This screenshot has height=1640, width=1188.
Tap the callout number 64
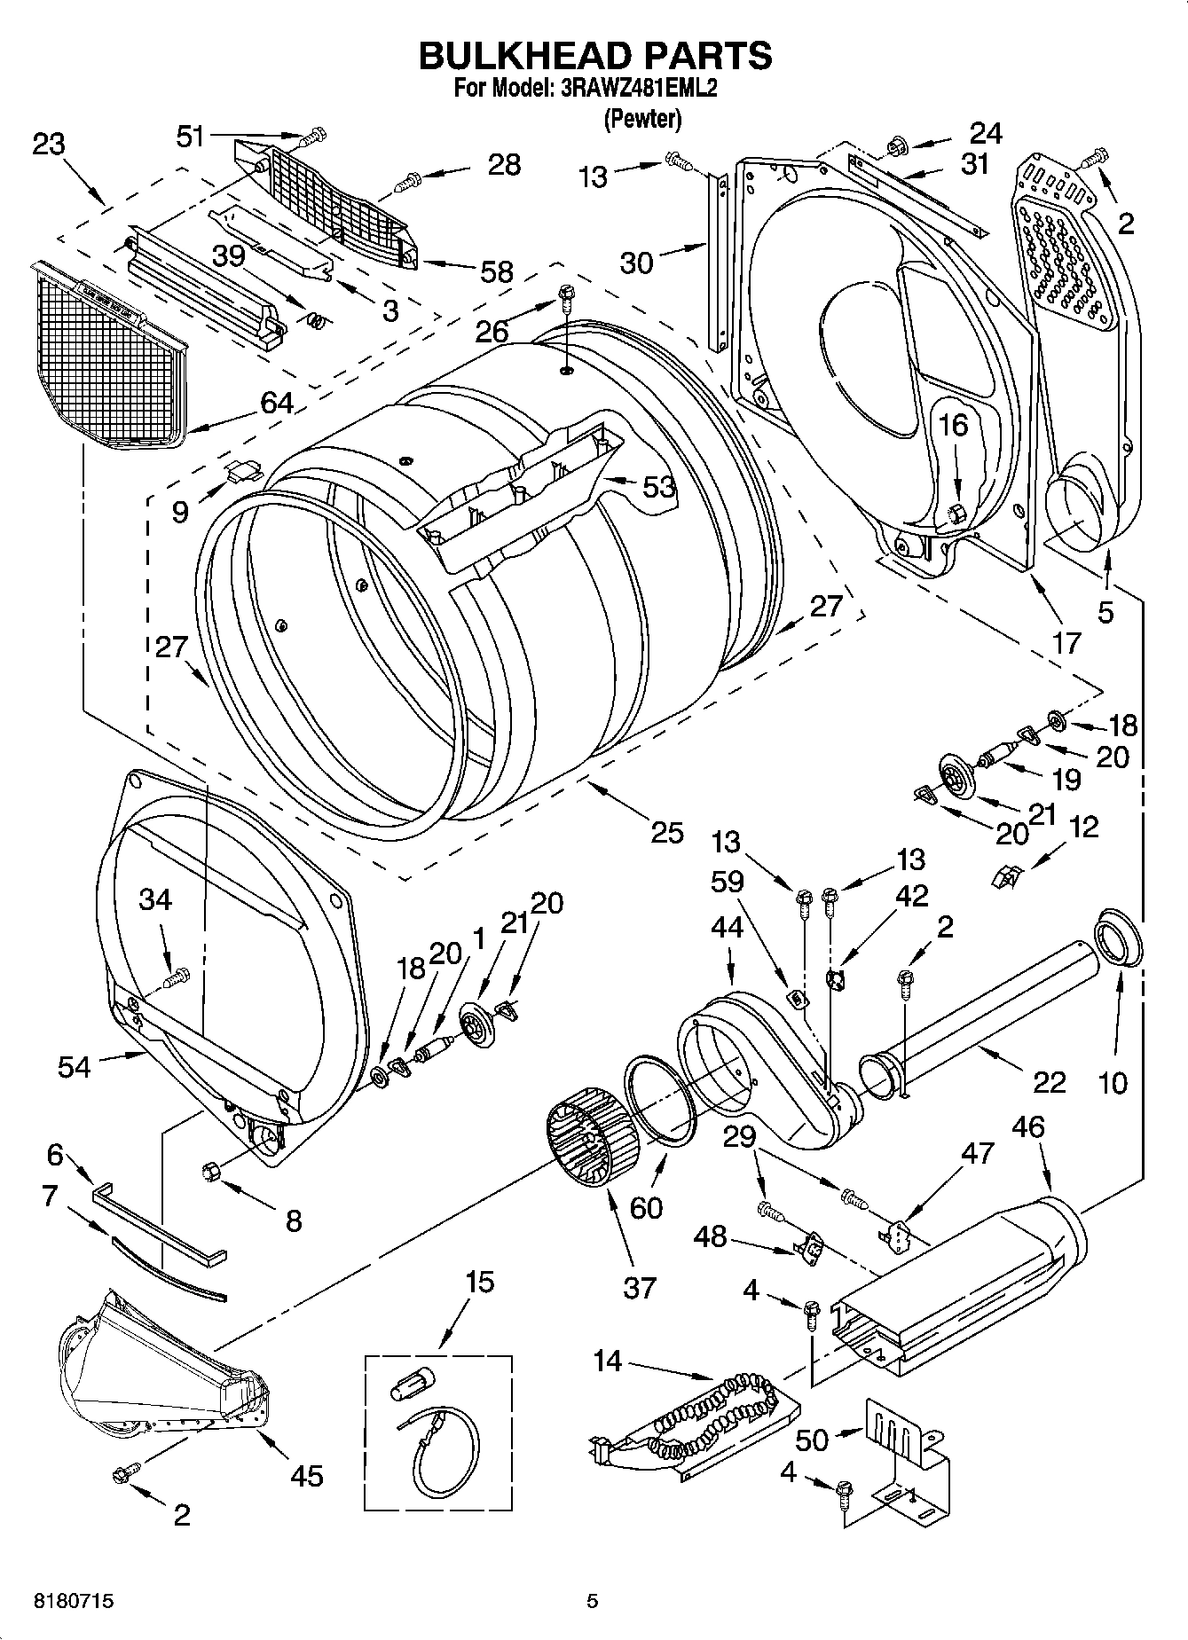coord(277,403)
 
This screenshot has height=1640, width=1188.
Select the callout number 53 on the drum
coord(658,486)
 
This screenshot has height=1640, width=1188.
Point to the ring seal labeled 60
coord(661,1101)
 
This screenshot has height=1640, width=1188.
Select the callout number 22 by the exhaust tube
coord(1050,1081)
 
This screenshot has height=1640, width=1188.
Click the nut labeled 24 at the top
coord(895,144)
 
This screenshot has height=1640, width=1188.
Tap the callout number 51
coord(191,137)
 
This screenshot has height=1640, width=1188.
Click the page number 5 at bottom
coord(592,1602)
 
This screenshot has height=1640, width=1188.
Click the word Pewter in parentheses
coord(642,119)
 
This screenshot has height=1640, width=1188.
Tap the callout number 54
coord(75,1066)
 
